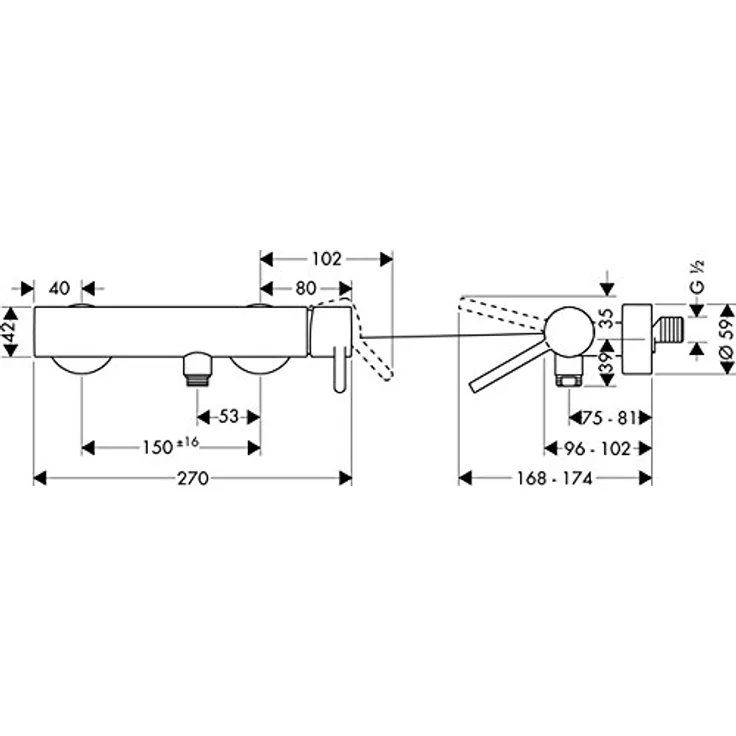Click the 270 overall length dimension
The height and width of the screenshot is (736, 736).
(x=193, y=478)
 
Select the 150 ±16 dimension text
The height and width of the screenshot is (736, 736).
(x=171, y=446)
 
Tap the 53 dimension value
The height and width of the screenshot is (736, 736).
(x=229, y=416)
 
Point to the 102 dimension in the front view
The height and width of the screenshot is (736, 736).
(x=327, y=259)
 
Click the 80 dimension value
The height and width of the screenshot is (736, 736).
(x=306, y=288)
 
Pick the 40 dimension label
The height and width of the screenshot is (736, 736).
(x=59, y=288)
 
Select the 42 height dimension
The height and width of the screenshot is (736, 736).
(x=10, y=331)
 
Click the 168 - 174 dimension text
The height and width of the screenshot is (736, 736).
(x=554, y=478)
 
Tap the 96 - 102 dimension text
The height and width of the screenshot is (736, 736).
(x=597, y=449)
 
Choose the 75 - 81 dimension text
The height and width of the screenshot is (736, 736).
(x=609, y=418)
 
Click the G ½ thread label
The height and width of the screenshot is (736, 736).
(x=698, y=277)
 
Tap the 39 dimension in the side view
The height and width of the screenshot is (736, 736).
(x=607, y=363)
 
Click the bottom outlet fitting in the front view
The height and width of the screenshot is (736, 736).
(x=197, y=369)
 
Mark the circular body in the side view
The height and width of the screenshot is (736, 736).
(x=569, y=331)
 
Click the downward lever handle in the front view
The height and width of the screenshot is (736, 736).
(x=340, y=369)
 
